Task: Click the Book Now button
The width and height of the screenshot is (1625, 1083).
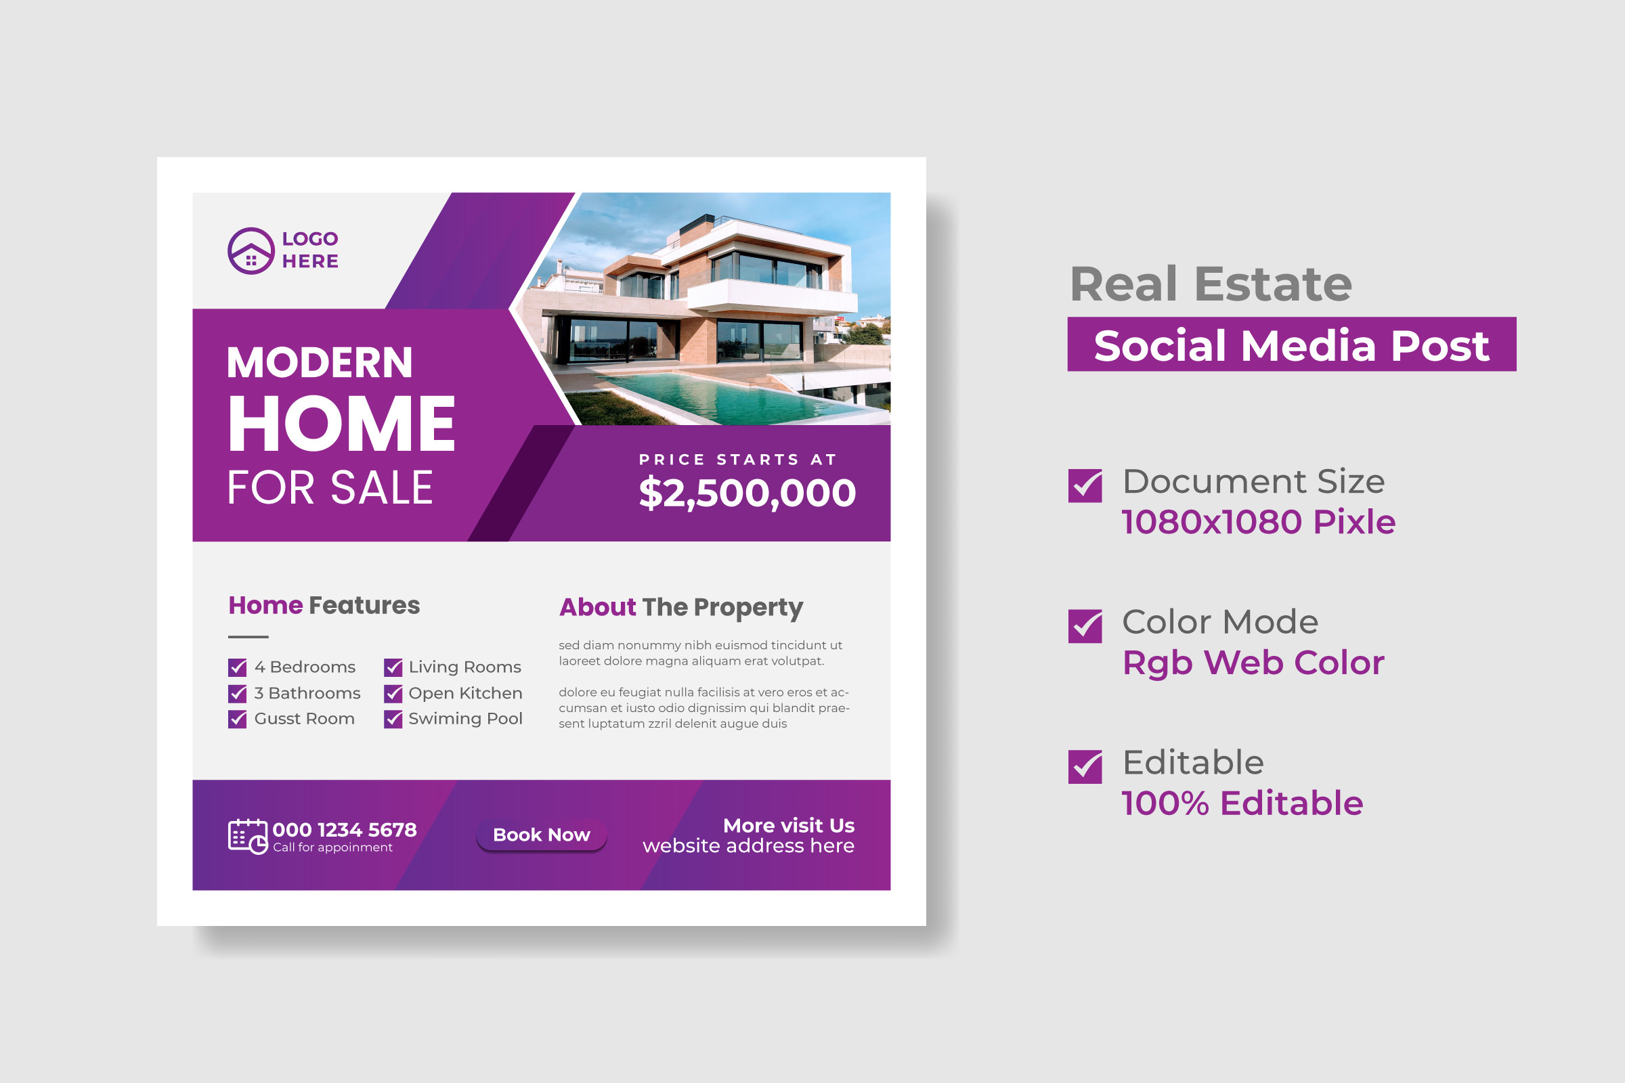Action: [541, 835]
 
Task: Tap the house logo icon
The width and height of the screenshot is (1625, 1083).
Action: [251, 250]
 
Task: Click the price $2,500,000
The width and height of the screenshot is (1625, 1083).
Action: [747, 493]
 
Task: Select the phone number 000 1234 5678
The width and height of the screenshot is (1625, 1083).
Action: [345, 830]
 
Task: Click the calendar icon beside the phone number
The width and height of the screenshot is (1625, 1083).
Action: [247, 837]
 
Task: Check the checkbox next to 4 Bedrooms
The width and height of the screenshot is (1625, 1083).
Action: [237, 667]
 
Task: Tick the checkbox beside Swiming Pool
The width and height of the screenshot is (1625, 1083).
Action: [393, 719]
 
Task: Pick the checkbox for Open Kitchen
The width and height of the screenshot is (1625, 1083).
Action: [393, 693]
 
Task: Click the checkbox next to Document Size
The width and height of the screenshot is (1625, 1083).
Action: [1085, 485]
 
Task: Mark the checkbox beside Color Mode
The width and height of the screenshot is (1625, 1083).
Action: [1085, 625]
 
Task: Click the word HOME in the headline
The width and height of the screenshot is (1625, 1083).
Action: [342, 424]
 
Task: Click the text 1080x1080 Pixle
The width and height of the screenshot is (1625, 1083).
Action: [1258, 522]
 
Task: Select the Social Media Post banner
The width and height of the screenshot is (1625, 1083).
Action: [1292, 344]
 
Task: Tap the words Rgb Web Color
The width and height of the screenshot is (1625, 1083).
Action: [1253, 663]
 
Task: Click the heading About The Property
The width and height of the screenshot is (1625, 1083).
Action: [681, 608]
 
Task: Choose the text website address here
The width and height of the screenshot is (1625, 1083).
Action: [748, 846]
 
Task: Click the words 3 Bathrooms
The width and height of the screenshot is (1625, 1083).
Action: [307, 693]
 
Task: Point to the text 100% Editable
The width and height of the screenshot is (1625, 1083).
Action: [1242, 803]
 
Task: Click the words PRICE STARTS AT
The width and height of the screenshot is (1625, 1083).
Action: [738, 460]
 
